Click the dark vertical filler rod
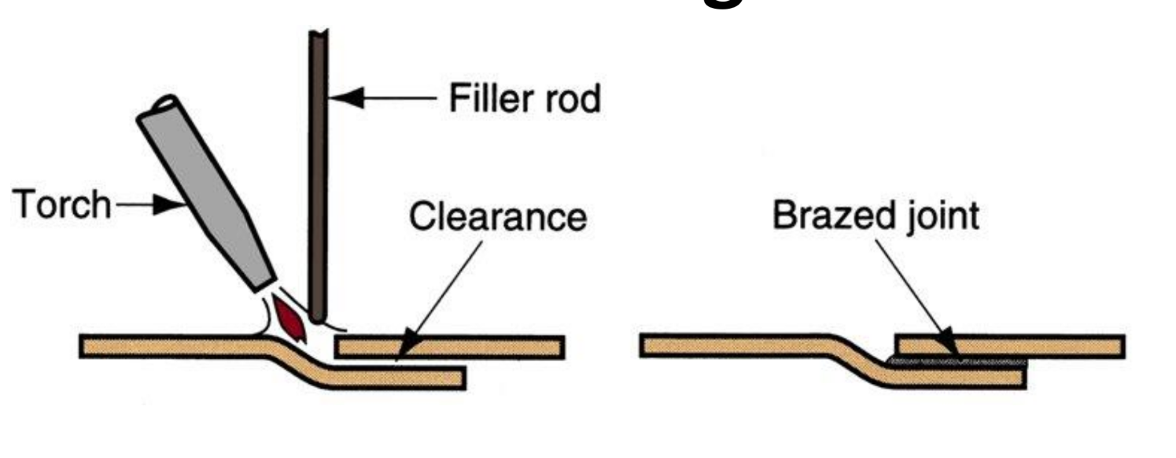[x=318, y=173]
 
